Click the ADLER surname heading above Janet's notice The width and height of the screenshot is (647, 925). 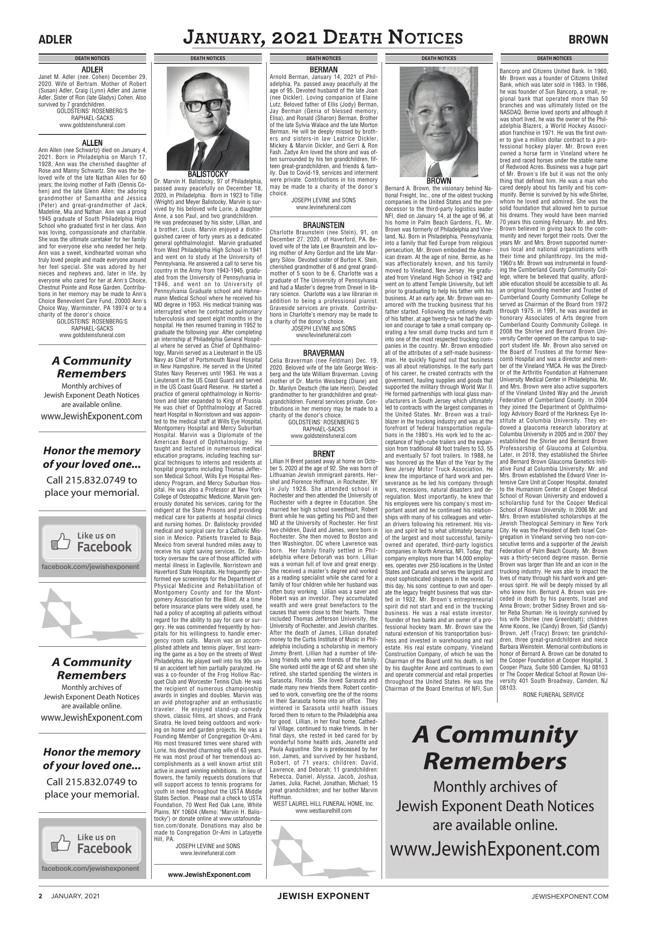92,69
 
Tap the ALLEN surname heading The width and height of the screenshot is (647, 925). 92,143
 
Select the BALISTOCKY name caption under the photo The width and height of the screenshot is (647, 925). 207,174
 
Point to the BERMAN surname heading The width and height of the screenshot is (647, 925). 323,69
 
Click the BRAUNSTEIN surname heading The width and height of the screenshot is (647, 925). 323,225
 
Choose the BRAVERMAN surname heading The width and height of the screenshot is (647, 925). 323,353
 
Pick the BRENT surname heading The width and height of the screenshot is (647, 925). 323,454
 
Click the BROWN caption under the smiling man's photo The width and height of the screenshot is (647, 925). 439,180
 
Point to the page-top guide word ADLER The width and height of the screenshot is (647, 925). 55,39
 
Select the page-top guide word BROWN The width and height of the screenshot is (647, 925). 588,39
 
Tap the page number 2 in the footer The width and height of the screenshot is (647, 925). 41,896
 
